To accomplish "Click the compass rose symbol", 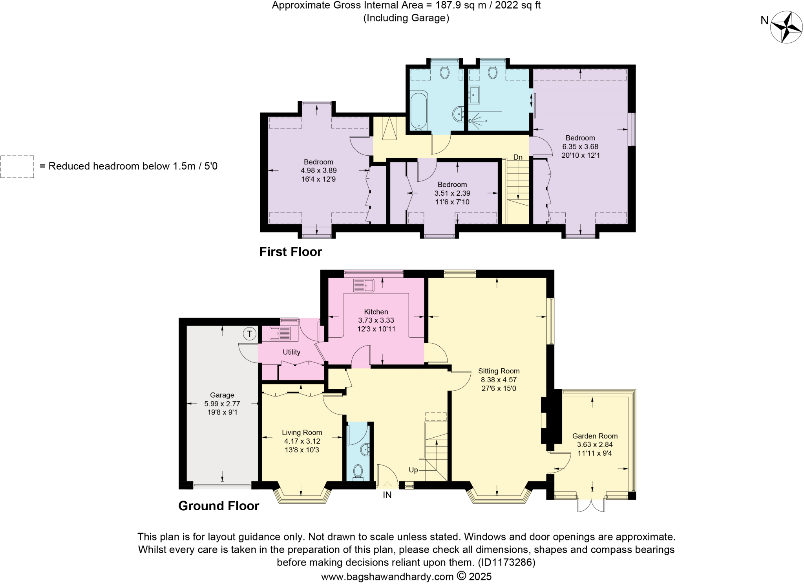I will (786, 27).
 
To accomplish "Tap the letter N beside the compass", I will (764, 20).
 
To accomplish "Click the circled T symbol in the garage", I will (249, 334).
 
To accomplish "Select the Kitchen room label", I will (376, 312).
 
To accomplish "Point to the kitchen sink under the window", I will (363, 285).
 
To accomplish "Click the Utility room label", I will (291, 352).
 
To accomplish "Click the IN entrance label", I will (387, 495).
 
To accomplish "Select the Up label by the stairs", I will (413, 470).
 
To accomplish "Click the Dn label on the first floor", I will (518, 157).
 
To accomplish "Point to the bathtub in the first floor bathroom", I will (419, 111).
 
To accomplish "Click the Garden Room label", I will (595, 436).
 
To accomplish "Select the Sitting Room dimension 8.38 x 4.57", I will (499, 380).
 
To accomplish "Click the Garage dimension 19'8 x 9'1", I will (222, 412).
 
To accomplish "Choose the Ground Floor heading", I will (219, 506).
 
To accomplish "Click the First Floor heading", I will (291, 252).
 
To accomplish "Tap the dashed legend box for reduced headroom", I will (17, 167).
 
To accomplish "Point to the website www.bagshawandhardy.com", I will (387, 577).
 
